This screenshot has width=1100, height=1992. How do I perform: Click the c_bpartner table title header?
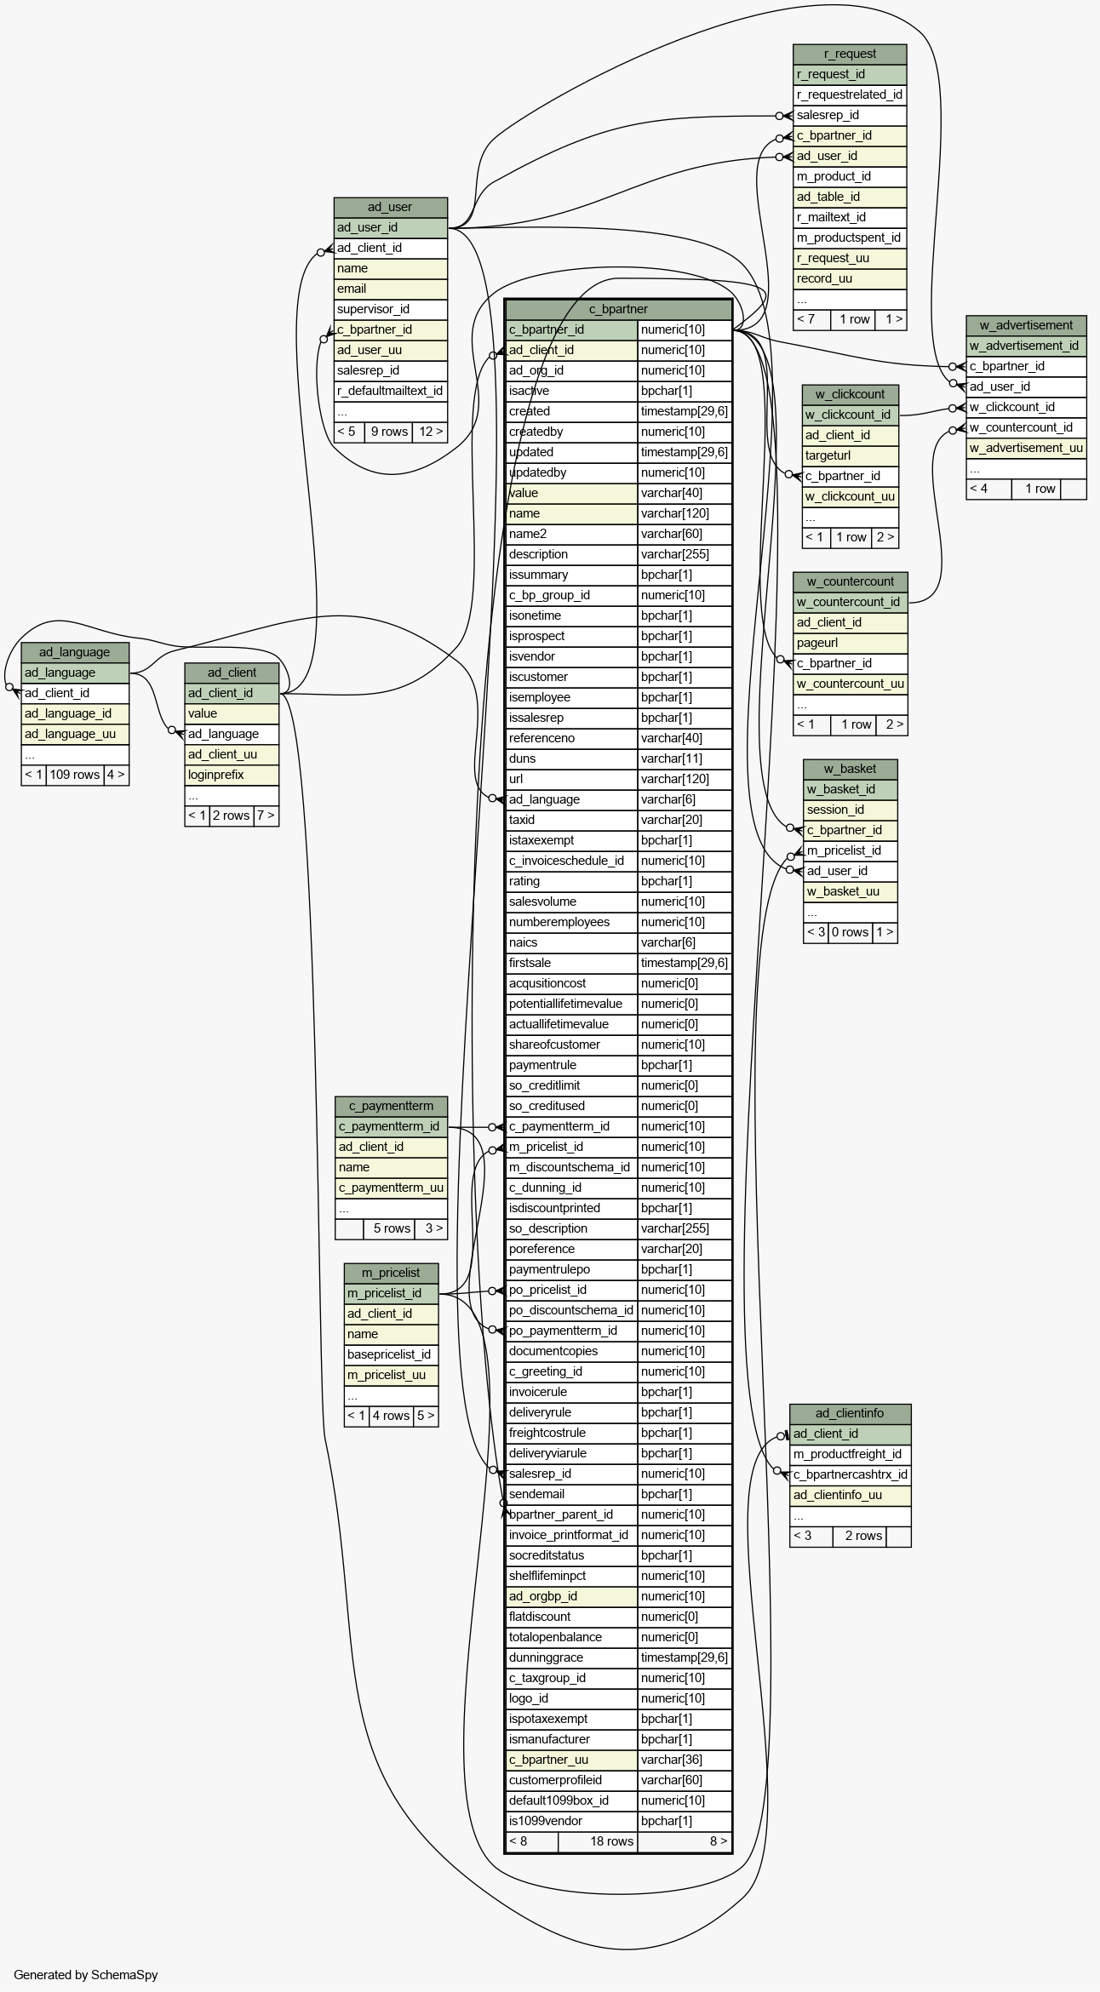(x=618, y=309)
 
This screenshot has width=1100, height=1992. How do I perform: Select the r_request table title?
(x=850, y=54)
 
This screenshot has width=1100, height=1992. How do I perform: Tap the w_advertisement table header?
(x=1026, y=325)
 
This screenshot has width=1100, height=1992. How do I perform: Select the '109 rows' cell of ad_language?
(x=75, y=775)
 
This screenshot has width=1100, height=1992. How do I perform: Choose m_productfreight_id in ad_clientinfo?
(x=851, y=1454)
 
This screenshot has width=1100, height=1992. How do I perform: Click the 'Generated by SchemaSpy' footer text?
(x=86, y=1975)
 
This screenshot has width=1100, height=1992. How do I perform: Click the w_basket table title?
(x=851, y=769)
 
